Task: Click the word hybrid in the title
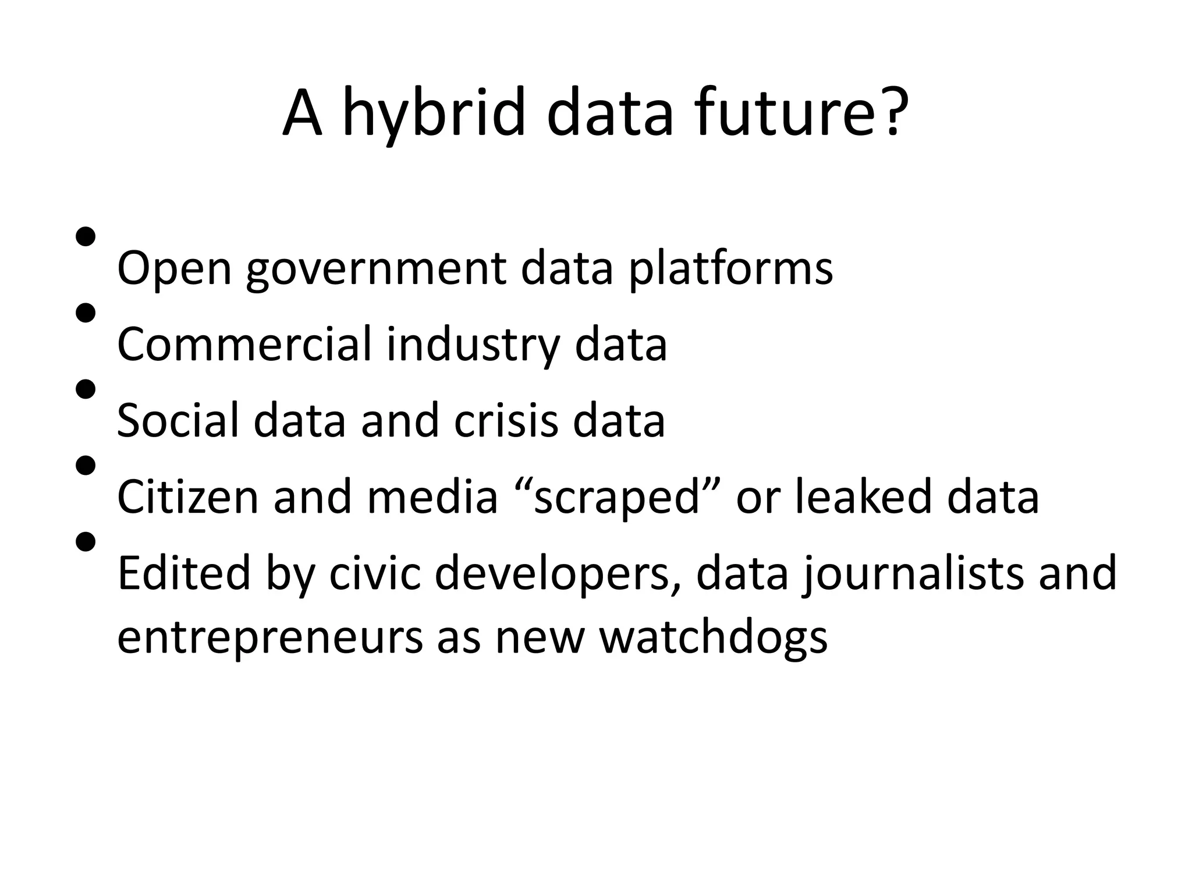434,113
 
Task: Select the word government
375,269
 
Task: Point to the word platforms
730,269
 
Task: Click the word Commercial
244,345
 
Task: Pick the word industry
472,345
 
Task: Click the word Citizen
187,496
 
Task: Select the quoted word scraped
617,496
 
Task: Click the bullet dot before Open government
86,237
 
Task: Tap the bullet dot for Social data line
86,389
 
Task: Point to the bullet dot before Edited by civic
86,542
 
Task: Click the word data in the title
609,113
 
